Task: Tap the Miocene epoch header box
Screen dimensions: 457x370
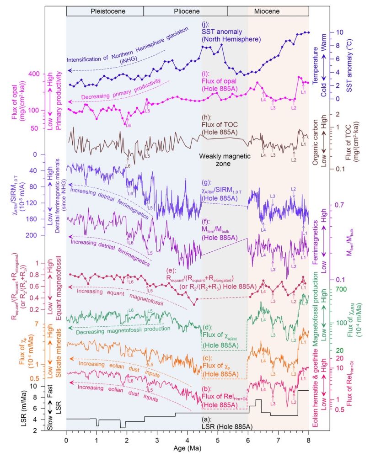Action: click(x=268, y=10)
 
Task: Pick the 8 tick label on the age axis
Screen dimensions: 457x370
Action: click(x=309, y=439)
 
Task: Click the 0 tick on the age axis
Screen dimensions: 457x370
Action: click(x=66, y=439)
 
